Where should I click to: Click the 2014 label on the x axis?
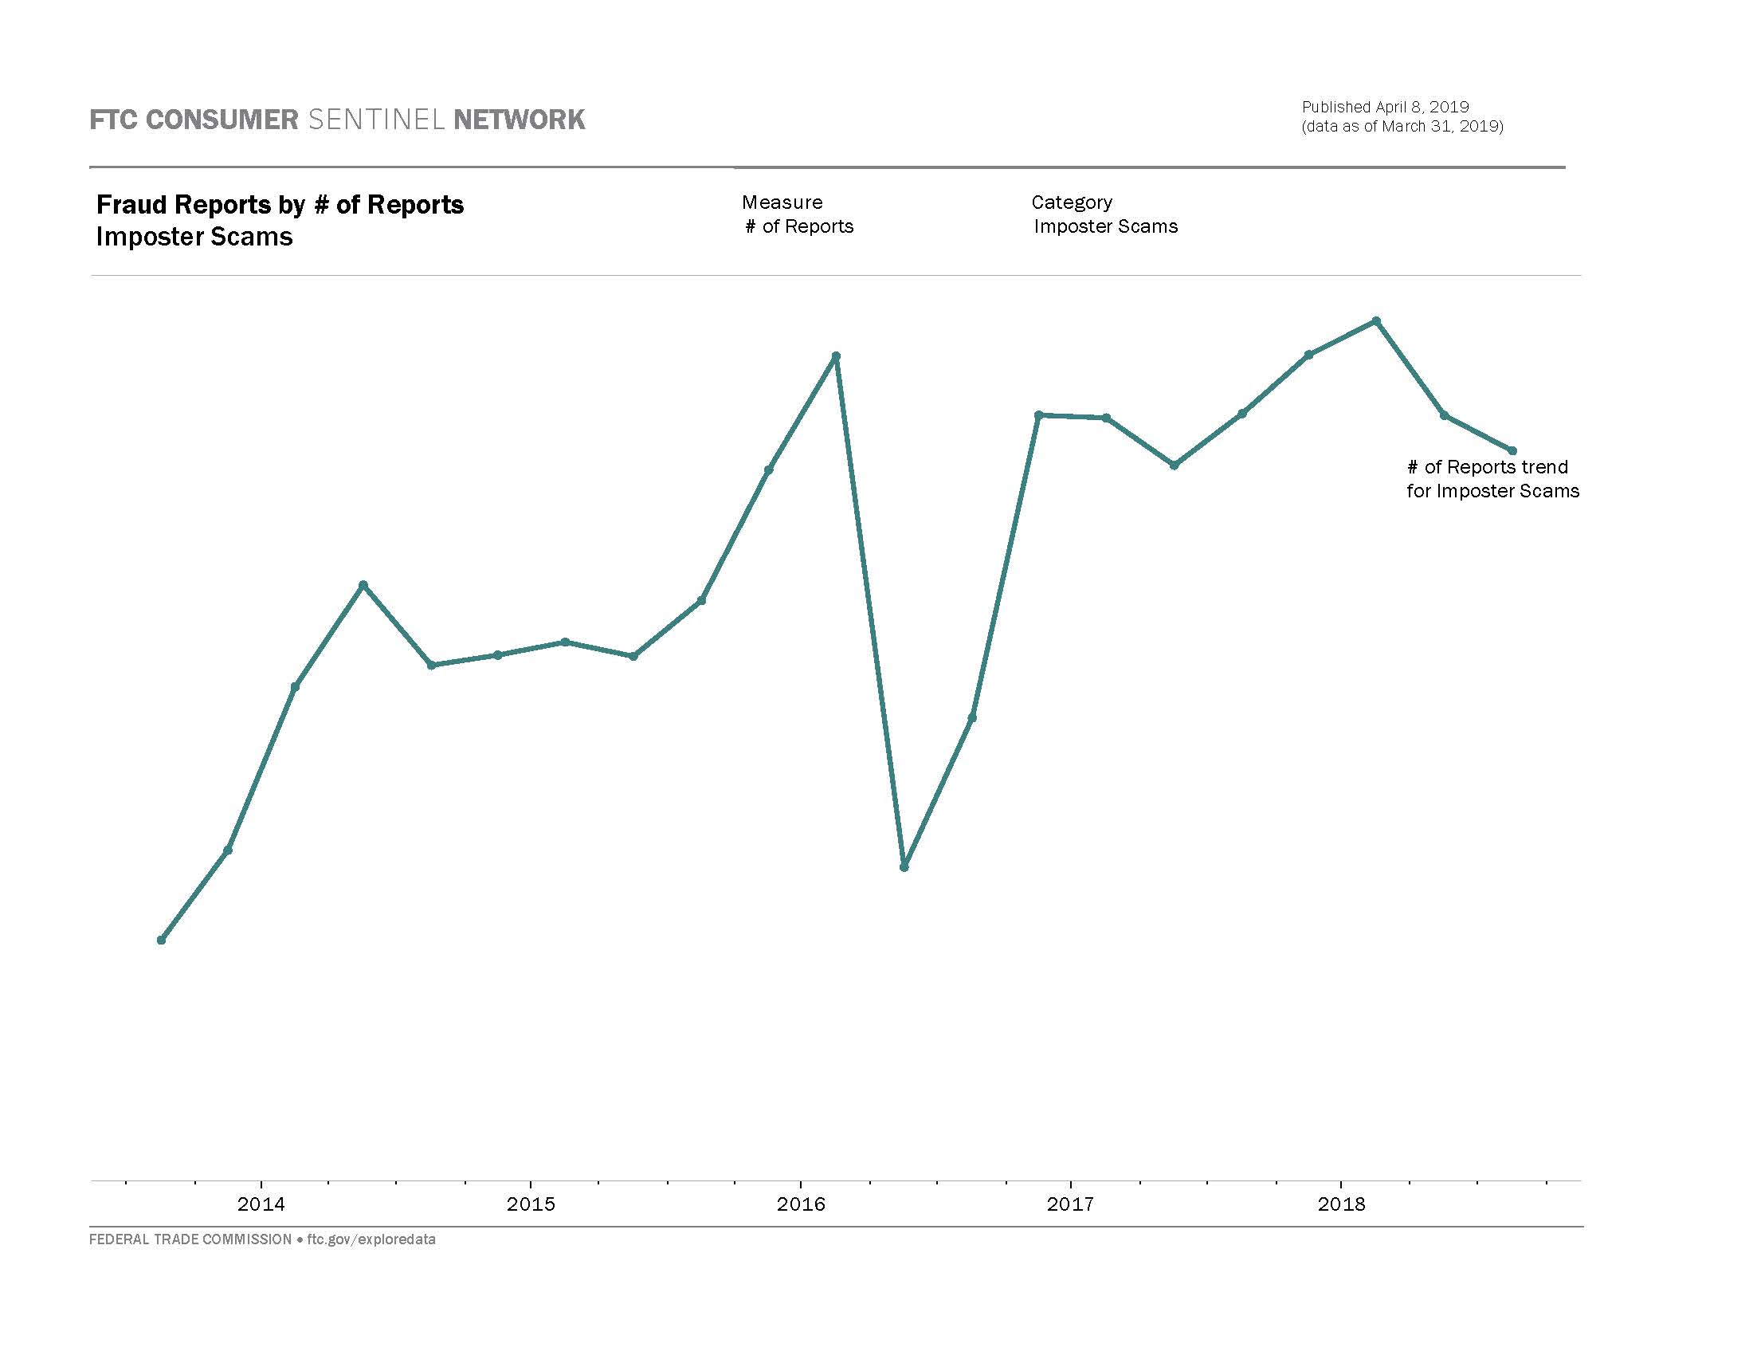pyautogui.click(x=261, y=1204)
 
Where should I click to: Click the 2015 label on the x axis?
pyautogui.click(x=531, y=1204)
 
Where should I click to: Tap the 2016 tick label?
pyautogui.click(x=801, y=1204)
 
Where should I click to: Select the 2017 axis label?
pyautogui.click(x=1070, y=1204)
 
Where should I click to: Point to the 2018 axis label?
pyautogui.click(x=1341, y=1204)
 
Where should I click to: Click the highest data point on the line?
pyautogui.click(x=1377, y=321)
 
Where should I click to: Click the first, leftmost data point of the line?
pyautogui.click(x=161, y=940)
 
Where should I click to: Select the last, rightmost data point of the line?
pyautogui.click(x=1512, y=451)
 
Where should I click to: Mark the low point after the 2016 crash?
pyautogui.click(x=904, y=867)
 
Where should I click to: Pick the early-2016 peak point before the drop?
pyautogui.click(x=836, y=356)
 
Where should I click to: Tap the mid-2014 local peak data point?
pyautogui.click(x=363, y=585)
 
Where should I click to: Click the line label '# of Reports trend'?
pyautogui.click(x=1488, y=467)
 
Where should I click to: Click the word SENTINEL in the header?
pyautogui.click(x=375, y=120)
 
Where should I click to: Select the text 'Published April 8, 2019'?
pyautogui.click(x=1386, y=107)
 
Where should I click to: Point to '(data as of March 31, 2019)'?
pyautogui.click(x=1402, y=126)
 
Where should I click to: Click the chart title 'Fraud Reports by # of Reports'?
pyautogui.click(x=280, y=205)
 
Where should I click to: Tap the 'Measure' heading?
pyautogui.click(x=782, y=202)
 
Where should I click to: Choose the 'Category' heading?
pyautogui.click(x=1072, y=202)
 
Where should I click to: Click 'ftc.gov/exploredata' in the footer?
pyautogui.click(x=371, y=1239)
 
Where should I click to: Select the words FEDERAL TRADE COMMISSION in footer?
pyautogui.click(x=190, y=1239)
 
